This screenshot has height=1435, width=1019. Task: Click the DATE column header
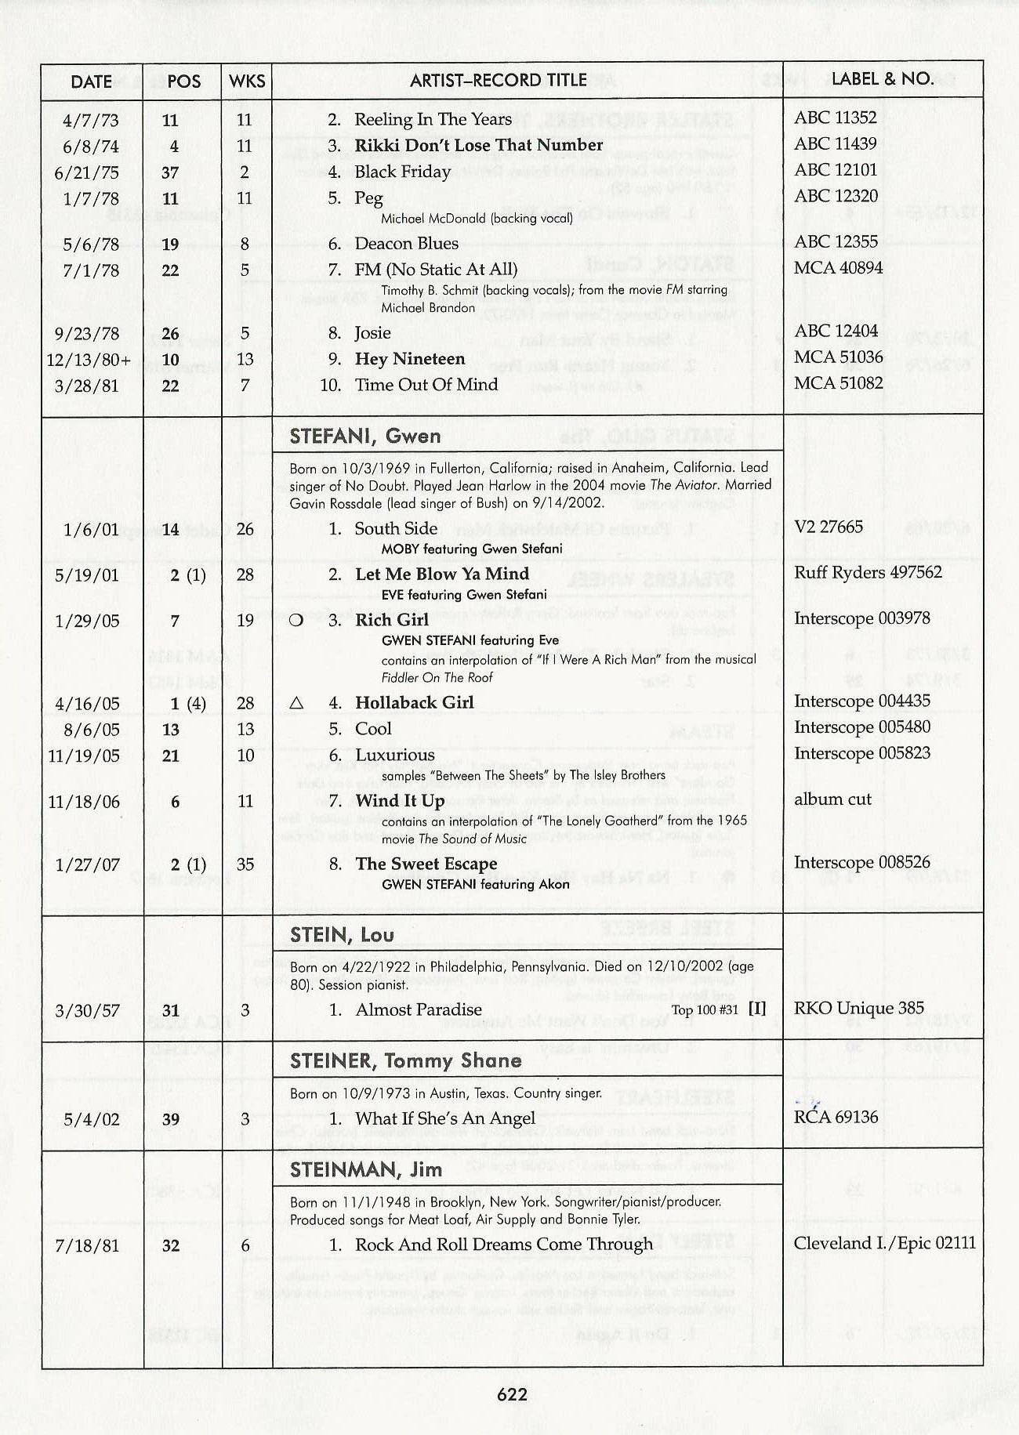(x=91, y=82)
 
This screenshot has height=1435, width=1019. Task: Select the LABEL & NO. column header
(x=882, y=78)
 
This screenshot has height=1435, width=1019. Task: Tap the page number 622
(x=512, y=1394)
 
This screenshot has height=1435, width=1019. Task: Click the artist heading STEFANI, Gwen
(x=365, y=437)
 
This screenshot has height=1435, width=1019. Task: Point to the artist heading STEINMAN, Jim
(x=366, y=1170)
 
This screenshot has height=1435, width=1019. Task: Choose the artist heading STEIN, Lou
(x=342, y=935)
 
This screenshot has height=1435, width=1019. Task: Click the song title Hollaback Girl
(x=414, y=702)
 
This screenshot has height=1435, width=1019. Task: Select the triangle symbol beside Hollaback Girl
(x=296, y=703)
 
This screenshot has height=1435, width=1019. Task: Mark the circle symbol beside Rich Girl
(x=296, y=620)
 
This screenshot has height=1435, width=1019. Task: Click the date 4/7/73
(x=91, y=120)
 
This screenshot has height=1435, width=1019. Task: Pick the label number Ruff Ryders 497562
(x=868, y=572)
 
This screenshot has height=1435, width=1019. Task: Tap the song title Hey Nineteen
(x=410, y=359)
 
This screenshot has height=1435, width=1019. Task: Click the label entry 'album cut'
(x=832, y=799)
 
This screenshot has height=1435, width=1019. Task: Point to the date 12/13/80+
(x=89, y=360)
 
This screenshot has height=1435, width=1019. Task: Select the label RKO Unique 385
(x=858, y=1008)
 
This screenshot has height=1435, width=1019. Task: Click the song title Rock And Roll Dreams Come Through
(x=503, y=1245)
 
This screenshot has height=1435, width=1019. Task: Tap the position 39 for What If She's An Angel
(x=171, y=1119)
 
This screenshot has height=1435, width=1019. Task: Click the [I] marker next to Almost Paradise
(x=756, y=1009)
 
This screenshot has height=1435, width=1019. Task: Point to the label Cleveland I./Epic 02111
(x=884, y=1243)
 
